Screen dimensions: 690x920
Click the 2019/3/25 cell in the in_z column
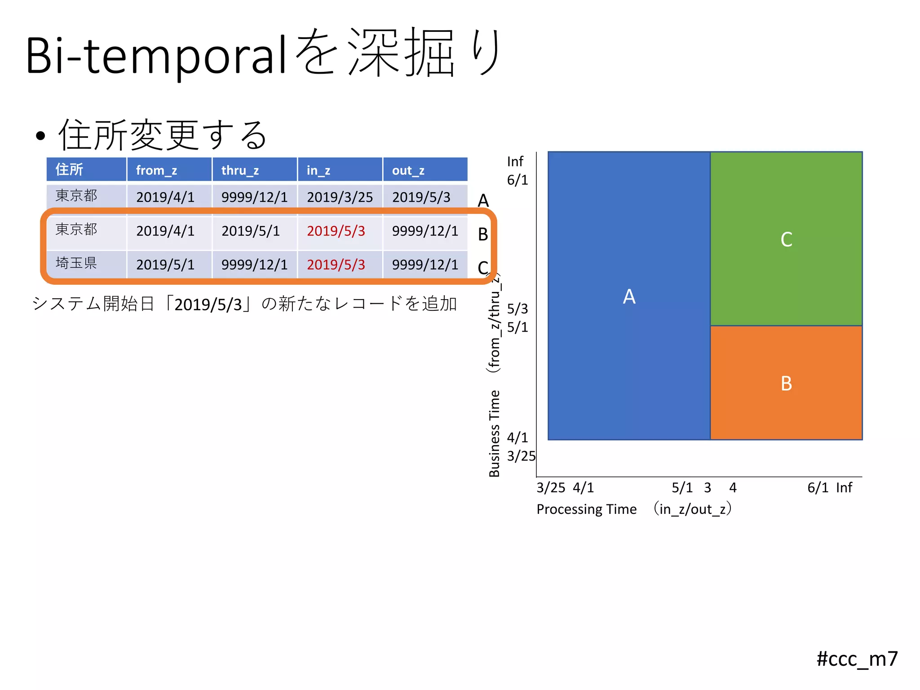(x=340, y=197)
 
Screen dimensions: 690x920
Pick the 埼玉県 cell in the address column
(x=76, y=263)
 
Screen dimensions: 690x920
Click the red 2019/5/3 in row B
(x=336, y=231)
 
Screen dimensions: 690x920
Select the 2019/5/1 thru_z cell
(x=251, y=231)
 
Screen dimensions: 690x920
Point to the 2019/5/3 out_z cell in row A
(x=421, y=197)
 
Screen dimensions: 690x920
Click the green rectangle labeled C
(x=786, y=239)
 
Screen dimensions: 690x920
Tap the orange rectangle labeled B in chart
(x=786, y=383)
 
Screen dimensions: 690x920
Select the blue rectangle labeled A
(x=629, y=296)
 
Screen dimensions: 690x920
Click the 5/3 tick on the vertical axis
(x=517, y=309)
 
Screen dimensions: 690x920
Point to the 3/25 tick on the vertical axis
(x=521, y=456)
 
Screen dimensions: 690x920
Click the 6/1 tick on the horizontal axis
(x=818, y=488)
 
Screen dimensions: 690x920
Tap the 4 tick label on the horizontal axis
(x=733, y=488)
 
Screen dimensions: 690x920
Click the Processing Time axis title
(x=586, y=509)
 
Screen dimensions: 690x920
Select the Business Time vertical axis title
(x=494, y=433)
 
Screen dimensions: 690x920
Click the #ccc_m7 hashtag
(x=857, y=659)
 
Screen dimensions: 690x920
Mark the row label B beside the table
(x=483, y=234)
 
